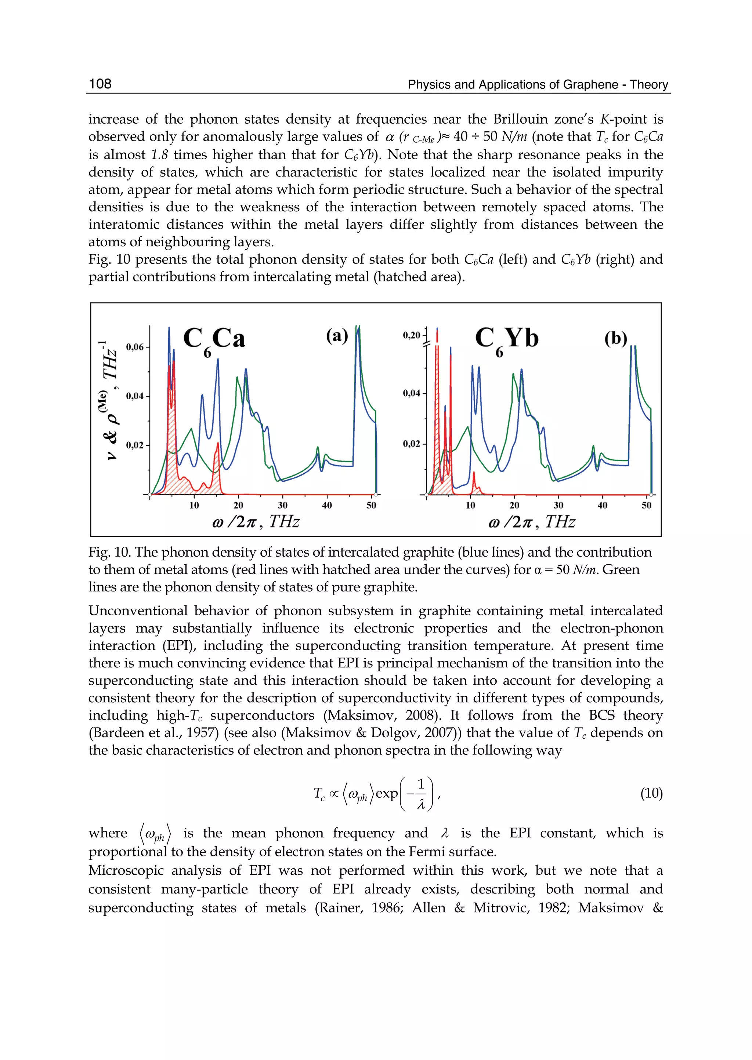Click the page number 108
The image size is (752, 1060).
click(100, 84)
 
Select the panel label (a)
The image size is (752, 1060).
click(337, 335)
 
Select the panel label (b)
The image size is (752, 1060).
click(615, 338)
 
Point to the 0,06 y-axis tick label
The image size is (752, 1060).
click(135, 347)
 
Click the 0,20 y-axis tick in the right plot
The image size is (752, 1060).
click(412, 335)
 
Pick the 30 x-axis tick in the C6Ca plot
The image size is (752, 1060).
click(282, 505)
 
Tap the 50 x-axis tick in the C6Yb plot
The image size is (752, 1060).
click(646, 505)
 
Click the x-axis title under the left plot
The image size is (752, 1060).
click(256, 522)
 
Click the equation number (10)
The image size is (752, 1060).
click(651, 794)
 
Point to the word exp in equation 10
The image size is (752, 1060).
click(387, 794)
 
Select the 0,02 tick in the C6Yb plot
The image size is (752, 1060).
click(411, 444)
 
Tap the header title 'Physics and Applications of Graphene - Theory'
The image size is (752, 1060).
click(538, 85)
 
